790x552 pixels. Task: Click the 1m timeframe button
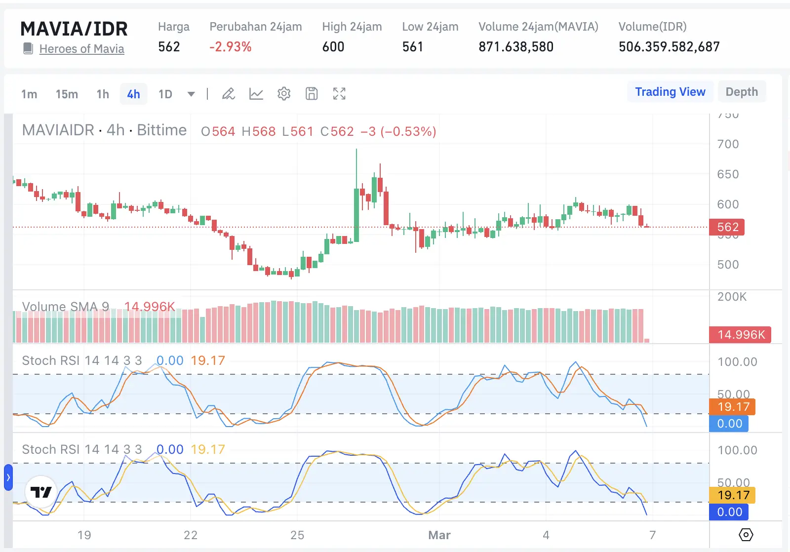29,94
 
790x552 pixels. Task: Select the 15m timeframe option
67,94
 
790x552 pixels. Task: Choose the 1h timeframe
103,94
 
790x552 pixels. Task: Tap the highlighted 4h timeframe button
133,94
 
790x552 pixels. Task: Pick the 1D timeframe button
165,94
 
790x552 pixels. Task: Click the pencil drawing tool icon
228,94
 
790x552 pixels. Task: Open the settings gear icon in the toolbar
284,94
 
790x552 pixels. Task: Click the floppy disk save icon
312,94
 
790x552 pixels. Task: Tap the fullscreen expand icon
339,94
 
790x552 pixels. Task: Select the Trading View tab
670,92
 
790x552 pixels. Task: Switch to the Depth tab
742,92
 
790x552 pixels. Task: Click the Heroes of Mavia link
81,49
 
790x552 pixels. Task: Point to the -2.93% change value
231,47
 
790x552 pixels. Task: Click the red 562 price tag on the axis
727,227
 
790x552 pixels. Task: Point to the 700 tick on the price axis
728,144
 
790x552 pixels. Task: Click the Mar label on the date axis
439,535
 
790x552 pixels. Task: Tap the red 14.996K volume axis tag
740,335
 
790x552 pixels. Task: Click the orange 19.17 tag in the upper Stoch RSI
733,407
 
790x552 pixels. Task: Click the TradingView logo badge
41,492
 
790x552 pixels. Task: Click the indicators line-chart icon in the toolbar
256,94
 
